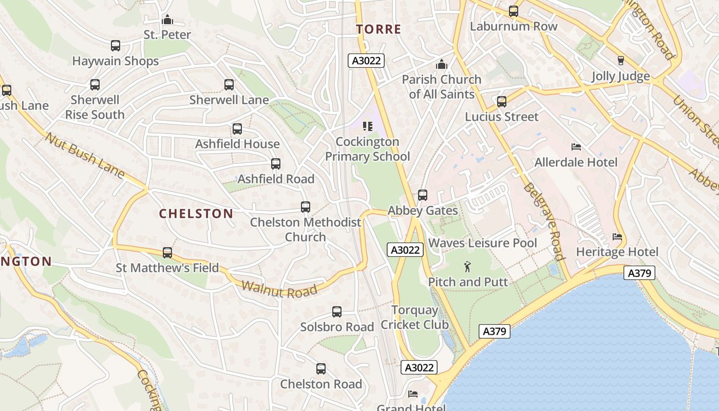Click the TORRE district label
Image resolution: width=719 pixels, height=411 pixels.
(379, 29)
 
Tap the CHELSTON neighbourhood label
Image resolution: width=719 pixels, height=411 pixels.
(196, 214)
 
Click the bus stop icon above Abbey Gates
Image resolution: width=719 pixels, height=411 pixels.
(423, 195)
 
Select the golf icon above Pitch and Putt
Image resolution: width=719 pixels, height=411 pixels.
(467, 267)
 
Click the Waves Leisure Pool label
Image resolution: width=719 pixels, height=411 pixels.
(482, 243)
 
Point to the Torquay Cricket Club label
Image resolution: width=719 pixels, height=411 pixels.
(414, 317)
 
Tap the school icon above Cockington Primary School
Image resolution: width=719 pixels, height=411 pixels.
(367, 126)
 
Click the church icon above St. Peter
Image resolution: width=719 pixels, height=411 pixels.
(167, 20)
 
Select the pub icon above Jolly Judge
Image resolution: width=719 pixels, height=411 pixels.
(620, 61)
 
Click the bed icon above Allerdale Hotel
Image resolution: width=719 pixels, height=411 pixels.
(576, 147)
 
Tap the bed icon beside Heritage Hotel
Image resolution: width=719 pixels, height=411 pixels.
(617, 237)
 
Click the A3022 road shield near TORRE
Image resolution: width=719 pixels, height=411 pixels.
(366, 61)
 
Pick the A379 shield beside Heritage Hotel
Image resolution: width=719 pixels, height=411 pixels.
(639, 273)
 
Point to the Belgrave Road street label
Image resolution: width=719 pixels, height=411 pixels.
(543, 221)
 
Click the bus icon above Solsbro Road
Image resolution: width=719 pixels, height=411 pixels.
(337, 312)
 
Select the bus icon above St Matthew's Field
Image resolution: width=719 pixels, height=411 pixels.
(167, 253)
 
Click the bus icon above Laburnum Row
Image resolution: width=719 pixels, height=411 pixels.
(513, 11)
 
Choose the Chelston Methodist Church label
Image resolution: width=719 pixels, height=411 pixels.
(306, 230)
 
